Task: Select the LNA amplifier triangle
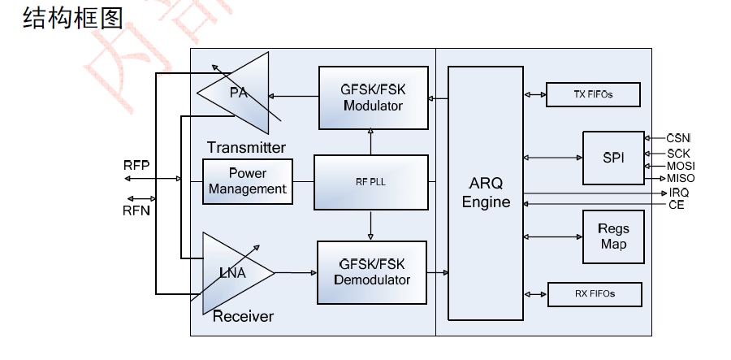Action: (x=233, y=273)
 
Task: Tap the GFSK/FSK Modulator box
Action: (x=373, y=98)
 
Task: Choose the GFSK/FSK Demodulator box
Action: (x=372, y=272)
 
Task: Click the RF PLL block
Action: (x=370, y=182)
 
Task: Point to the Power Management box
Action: (x=247, y=181)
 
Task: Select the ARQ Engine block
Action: (x=486, y=192)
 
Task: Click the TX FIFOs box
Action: (x=593, y=95)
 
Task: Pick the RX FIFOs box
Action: (x=595, y=293)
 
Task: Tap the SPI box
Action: (x=613, y=158)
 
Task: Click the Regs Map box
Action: (x=613, y=236)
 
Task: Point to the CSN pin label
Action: (x=678, y=138)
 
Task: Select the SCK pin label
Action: (x=679, y=152)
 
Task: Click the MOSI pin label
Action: (x=681, y=165)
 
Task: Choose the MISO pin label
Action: (x=681, y=178)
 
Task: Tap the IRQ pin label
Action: (x=679, y=192)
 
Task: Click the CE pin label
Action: (x=676, y=205)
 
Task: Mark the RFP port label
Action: (x=136, y=165)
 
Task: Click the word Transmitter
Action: (x=246, y=147)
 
